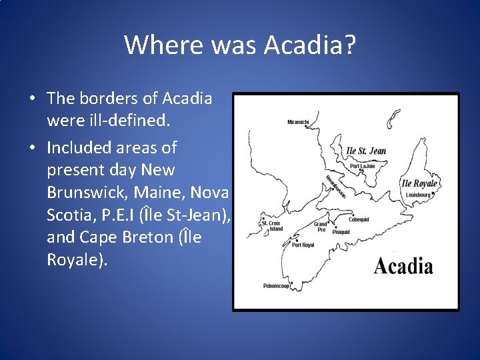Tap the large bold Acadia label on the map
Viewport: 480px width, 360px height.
403,267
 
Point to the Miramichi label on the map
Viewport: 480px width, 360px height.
298,122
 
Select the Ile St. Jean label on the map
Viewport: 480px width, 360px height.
367,150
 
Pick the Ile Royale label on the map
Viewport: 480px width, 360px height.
419,183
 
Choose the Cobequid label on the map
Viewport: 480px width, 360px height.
359,219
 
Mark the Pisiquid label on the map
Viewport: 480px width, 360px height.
341,232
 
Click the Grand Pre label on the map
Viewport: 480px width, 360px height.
321,227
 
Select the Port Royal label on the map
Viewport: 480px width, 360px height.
303,245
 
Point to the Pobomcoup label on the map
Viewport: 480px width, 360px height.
277,286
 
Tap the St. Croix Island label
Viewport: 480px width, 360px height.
272,226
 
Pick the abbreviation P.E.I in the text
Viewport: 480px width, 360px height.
122,215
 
